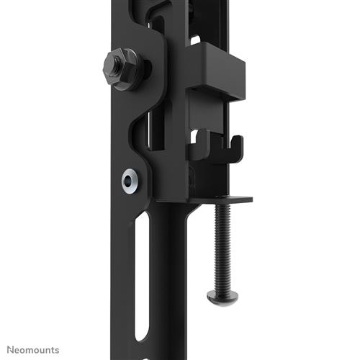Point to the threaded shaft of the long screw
point(220,245)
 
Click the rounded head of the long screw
point(220,294)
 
